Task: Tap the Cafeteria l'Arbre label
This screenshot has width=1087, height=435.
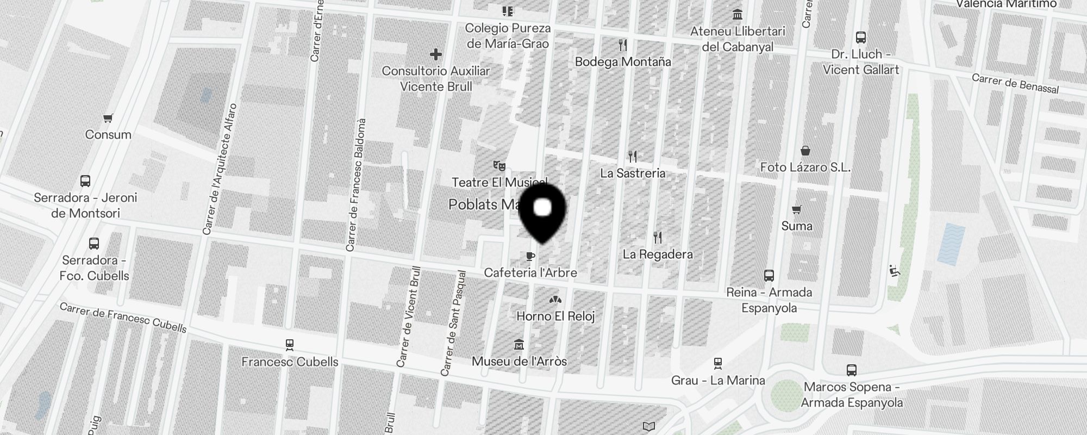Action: tap(530, 272)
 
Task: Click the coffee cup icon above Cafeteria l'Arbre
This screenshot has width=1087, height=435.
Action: tap(530, 256)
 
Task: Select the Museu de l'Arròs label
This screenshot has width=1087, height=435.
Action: tap(519, 361)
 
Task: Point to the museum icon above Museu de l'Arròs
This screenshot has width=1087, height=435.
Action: tap(519, 345)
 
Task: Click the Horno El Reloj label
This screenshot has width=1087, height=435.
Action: tap(555, 316)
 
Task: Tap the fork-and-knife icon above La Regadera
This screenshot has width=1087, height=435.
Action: tap(658, 238)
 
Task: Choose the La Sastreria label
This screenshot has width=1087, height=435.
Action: tap(633, 173)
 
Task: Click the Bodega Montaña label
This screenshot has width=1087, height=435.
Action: tap(623, 61)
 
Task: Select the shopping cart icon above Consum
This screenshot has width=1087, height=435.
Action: tap(108, 118)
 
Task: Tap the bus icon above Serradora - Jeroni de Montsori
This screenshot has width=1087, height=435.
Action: tap(85, 181)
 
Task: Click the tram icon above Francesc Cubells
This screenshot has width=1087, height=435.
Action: tap(290, 345)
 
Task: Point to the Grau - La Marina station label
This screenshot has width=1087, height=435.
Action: tap(718, 380)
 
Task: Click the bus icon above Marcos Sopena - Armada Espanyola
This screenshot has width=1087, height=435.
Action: tap(852, 370)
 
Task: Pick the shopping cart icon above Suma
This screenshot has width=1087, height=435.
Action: tap(797, 209)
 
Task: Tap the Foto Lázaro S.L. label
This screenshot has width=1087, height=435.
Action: tap(805, 167)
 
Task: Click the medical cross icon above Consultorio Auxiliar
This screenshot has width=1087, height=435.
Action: tap(435, 54)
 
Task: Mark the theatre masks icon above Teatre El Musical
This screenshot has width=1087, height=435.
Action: tap(499, 165)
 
